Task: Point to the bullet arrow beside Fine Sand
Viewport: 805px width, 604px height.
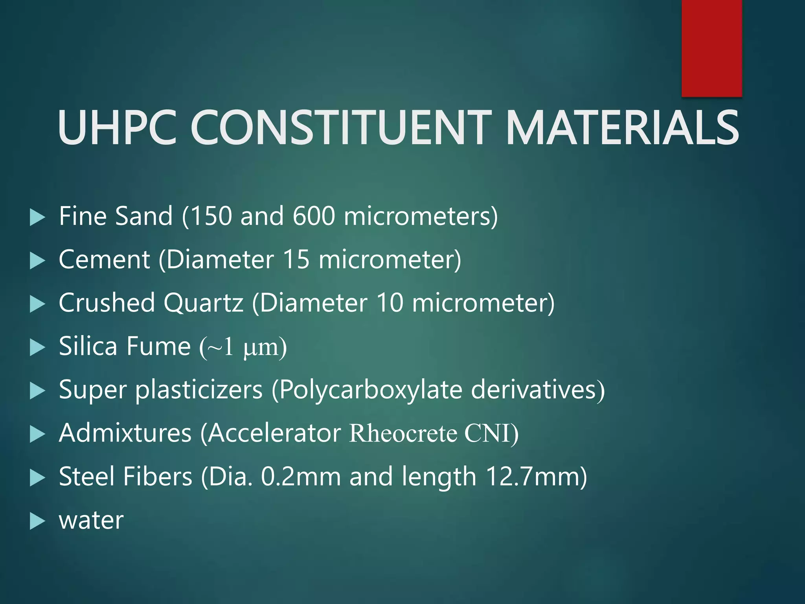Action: (37, 217)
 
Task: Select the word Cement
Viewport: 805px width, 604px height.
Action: (104, 260)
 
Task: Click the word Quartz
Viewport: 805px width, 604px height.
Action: (203, 303)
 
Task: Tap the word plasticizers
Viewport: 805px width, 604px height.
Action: (199, 390)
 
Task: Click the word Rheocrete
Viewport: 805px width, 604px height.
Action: (403, 433)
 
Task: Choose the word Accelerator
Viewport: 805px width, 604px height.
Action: (274, 433)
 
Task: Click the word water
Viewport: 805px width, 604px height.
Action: (91, 520)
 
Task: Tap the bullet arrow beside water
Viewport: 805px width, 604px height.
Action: (37, 521)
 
